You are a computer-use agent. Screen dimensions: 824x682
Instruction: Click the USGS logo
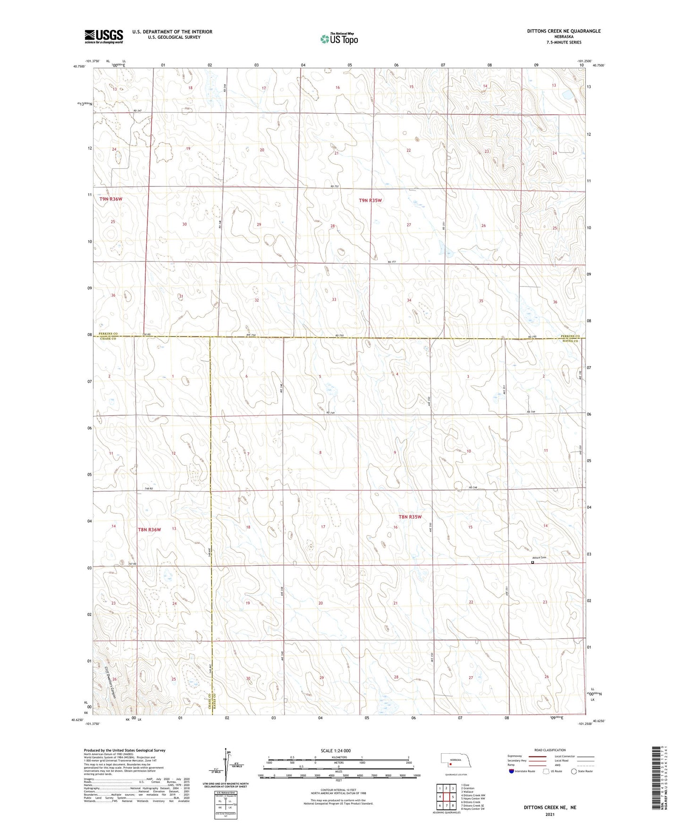104,36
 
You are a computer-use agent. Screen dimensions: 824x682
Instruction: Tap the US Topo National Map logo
339,39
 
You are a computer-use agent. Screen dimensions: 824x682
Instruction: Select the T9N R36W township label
111,199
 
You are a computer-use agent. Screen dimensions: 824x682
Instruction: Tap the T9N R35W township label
370,201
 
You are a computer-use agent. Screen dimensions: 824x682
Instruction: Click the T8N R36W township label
149,530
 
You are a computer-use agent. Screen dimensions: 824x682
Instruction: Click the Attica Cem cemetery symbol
533,562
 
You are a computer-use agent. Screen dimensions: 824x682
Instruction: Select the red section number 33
334,299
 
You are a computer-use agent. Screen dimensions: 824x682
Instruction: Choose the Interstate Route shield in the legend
512,771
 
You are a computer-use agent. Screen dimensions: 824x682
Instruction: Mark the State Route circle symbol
574,771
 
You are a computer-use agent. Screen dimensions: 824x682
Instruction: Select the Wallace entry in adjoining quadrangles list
468,792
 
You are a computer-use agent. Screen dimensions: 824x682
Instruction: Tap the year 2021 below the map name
550,814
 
